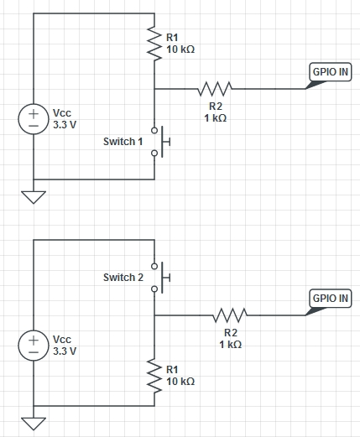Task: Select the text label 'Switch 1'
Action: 123,142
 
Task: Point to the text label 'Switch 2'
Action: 123,277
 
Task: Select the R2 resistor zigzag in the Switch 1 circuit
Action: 214,88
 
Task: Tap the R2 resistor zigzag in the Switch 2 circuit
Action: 230,315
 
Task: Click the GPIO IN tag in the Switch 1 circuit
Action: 330,74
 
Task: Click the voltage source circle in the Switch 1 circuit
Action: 34,116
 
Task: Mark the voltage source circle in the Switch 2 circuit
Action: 34,342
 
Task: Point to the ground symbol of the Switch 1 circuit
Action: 34,197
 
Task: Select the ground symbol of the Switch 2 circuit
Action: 34,423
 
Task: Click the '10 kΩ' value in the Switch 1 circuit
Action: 180,49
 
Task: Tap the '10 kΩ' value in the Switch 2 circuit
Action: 180,381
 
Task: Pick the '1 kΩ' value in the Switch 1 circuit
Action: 215,118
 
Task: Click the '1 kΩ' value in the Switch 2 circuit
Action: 230,345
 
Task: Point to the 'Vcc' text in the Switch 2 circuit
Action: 62,338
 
